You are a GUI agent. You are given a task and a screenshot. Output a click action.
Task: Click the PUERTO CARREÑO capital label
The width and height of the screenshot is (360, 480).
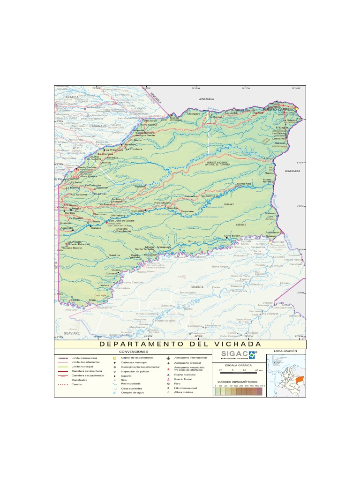tap(279, 109)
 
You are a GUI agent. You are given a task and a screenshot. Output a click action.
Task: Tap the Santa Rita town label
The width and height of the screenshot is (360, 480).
tap(244, 183)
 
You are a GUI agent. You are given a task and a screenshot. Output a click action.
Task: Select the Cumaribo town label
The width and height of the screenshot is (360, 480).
tap(138, 211)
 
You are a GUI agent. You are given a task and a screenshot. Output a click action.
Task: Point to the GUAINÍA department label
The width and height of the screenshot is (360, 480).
tap(197, 286)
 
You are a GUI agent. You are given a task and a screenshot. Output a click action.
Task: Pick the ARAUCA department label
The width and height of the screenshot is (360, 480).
tap(72, 97)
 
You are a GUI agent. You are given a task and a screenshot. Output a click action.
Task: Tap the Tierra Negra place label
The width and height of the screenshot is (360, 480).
tap(219, 266)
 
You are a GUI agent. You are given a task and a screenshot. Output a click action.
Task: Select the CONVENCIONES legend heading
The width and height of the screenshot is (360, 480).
tap(134, 351)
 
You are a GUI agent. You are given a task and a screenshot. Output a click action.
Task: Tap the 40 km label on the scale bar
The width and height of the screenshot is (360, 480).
tap(258, 370)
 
